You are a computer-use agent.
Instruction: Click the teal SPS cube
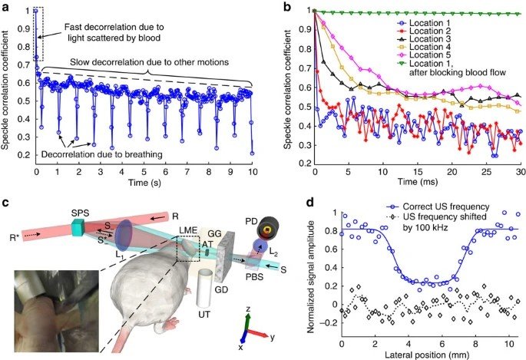coord(78,228)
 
